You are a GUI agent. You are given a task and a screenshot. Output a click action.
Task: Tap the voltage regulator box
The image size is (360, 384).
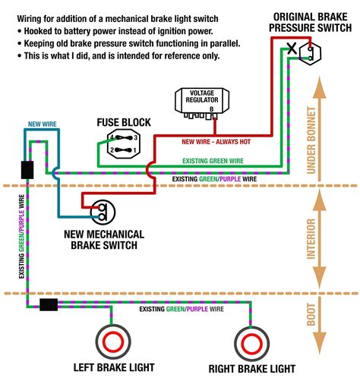[x=201, y=100]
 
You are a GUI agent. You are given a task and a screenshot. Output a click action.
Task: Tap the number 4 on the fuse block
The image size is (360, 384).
[x=111, y=138]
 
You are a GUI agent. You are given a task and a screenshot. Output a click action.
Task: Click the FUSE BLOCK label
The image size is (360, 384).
[x=123, y=121]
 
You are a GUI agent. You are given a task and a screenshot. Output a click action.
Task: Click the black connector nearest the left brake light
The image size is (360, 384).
[x=49, y=305]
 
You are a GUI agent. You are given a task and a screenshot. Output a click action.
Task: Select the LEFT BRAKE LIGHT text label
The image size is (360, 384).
[x=113, y=368]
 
